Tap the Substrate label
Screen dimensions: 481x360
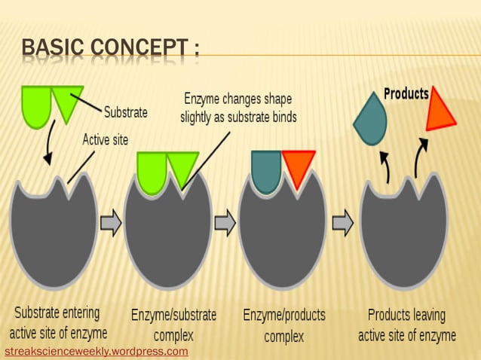(x=125, y=113)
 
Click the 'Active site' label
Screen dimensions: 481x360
(x=105, y=139)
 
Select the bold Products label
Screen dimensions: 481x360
(x=406, y=94)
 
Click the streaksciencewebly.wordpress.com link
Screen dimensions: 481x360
(x=97, y=352)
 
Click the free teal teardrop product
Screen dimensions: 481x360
(x=369, y=117)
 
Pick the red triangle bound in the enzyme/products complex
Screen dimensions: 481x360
(x=298, y=166)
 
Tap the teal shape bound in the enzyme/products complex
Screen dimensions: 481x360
(x=266, y=170)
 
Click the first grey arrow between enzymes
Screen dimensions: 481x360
(x=111, y=224)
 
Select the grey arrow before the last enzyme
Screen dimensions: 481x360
(x=343, y=224)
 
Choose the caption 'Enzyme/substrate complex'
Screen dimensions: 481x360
(x=173, y=324)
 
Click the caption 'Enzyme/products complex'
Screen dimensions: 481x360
(x=284, y=325)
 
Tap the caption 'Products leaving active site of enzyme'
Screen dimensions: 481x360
(x=406, y=325)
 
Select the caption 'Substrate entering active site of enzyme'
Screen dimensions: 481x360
(x=58, y=322)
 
